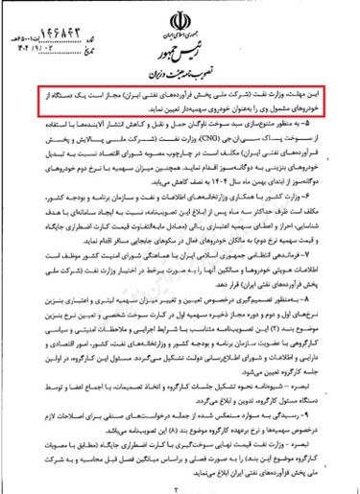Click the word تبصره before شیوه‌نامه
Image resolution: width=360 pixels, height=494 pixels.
(315, 395)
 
